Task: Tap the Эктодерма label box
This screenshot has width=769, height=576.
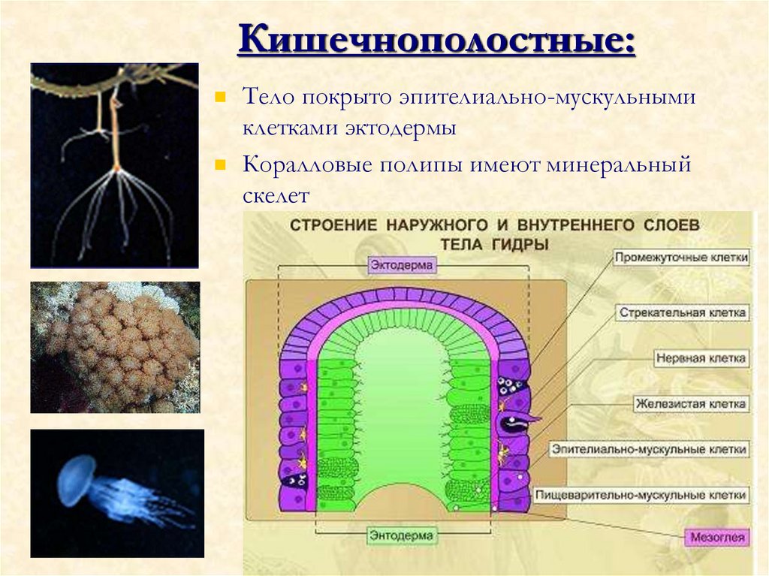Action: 403,265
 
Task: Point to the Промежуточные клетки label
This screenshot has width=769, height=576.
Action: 682,258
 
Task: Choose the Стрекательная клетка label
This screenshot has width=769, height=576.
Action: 683,312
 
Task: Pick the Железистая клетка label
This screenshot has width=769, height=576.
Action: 690,404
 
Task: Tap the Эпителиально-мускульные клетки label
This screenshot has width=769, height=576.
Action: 650,449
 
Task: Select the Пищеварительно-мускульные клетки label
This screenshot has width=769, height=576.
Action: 641,496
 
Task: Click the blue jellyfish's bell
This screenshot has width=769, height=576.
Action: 76,479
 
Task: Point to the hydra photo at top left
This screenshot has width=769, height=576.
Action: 114,165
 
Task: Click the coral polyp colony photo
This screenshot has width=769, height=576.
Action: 115,347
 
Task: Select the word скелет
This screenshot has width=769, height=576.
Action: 276,196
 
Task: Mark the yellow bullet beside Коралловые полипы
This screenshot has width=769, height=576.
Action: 221,164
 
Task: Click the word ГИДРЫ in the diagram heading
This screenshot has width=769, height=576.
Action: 520,244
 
